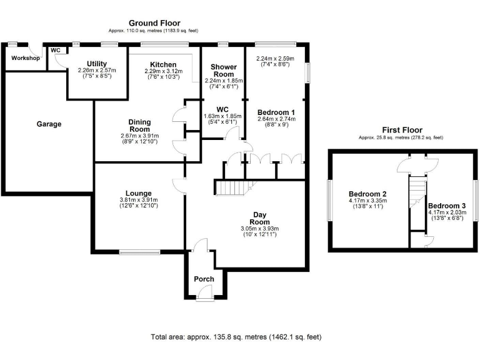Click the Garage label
(x=49, y=124)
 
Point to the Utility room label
(x=97, y=64)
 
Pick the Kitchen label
(x=162, y=64)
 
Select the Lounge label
(x=138, y=193)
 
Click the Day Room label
(x=259, y=217)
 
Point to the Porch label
(x=204, y=279)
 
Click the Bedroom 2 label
(x=367, y=194)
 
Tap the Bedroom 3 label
(x=447, y=206)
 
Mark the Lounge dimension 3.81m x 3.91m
(x=138, y=201)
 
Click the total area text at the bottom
(x=236, y=337)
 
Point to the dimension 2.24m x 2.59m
(x=276, y=59)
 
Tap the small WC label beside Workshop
(x=55, y=50)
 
